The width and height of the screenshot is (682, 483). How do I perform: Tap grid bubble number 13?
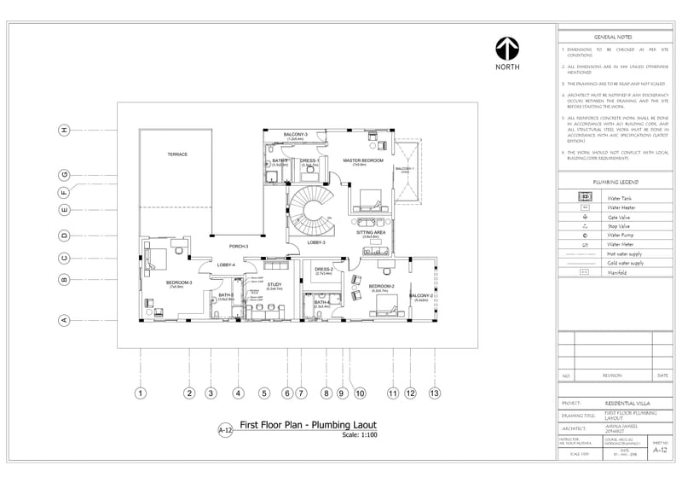[x=435, y=393]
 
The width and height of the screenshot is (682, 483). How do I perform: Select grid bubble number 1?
[x=141, y=393]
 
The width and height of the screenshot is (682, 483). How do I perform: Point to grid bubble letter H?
[x=63, y=130]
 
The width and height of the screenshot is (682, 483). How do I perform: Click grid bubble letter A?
[x=63, y=321]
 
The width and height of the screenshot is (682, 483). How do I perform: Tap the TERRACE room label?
[x=176, y=154]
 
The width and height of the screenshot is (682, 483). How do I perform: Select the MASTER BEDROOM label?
[x=363, y=160]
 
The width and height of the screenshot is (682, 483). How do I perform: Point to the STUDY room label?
[x=275, y=285]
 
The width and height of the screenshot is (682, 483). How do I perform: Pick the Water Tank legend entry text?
[x=620, y=198]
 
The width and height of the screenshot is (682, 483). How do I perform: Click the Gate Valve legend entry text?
[x=620, y=217]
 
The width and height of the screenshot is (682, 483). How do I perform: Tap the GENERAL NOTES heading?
[x=612, y=38]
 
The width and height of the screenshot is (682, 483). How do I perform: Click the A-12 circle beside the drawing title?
[x=225, y=431]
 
